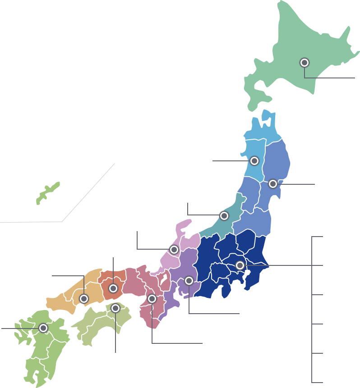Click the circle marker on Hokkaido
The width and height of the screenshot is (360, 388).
[x=305, y=63]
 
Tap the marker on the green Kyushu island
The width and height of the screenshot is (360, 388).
[x=43, y=328]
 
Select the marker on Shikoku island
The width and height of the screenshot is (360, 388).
[x=115, y=308]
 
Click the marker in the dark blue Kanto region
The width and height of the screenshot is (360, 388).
[x=240, y=265]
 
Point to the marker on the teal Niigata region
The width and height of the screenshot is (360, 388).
[x=224, y=216]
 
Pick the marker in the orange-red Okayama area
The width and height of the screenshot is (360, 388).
[x=113, y=288]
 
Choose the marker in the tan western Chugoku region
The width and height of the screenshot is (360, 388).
[x=84, y=298]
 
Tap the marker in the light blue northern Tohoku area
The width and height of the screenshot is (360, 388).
[x=254, y=161]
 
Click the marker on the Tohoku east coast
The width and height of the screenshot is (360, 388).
[x=273, y=184]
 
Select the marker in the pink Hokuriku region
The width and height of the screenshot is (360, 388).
[x=174, y=249]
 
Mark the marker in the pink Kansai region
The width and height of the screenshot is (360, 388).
[x=152, y=299]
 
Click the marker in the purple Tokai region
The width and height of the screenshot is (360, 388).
[x=189, y=281]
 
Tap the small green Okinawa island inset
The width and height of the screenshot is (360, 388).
[x=47, y=193]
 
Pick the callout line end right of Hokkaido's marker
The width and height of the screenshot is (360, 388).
[x=354, y=78]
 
